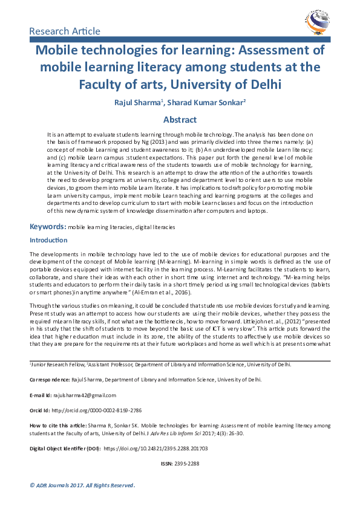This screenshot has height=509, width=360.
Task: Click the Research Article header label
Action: coord(65,31)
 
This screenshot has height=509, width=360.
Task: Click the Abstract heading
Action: coord(180,120)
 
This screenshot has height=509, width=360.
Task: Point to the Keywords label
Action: coord(48,227)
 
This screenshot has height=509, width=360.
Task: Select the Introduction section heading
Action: coord(49,240)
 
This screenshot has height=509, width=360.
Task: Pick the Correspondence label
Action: coord(52,379)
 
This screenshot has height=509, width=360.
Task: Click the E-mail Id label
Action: coord(41,394)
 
